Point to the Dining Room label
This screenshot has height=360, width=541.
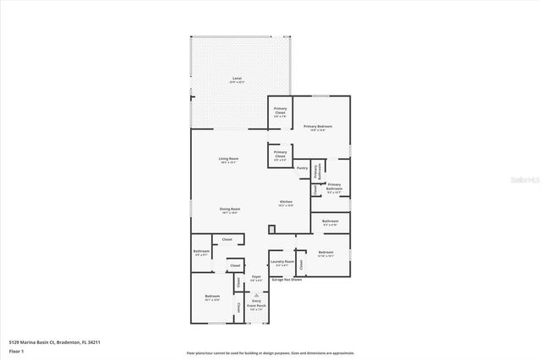(229, 211)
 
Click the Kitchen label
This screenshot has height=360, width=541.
(287, 204)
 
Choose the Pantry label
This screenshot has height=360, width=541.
(302, 168)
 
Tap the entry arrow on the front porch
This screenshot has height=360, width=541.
(256, 295)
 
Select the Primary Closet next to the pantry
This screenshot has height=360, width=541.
(280, 155)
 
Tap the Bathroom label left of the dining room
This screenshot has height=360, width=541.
(201, 253)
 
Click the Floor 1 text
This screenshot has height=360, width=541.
(16, 350)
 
